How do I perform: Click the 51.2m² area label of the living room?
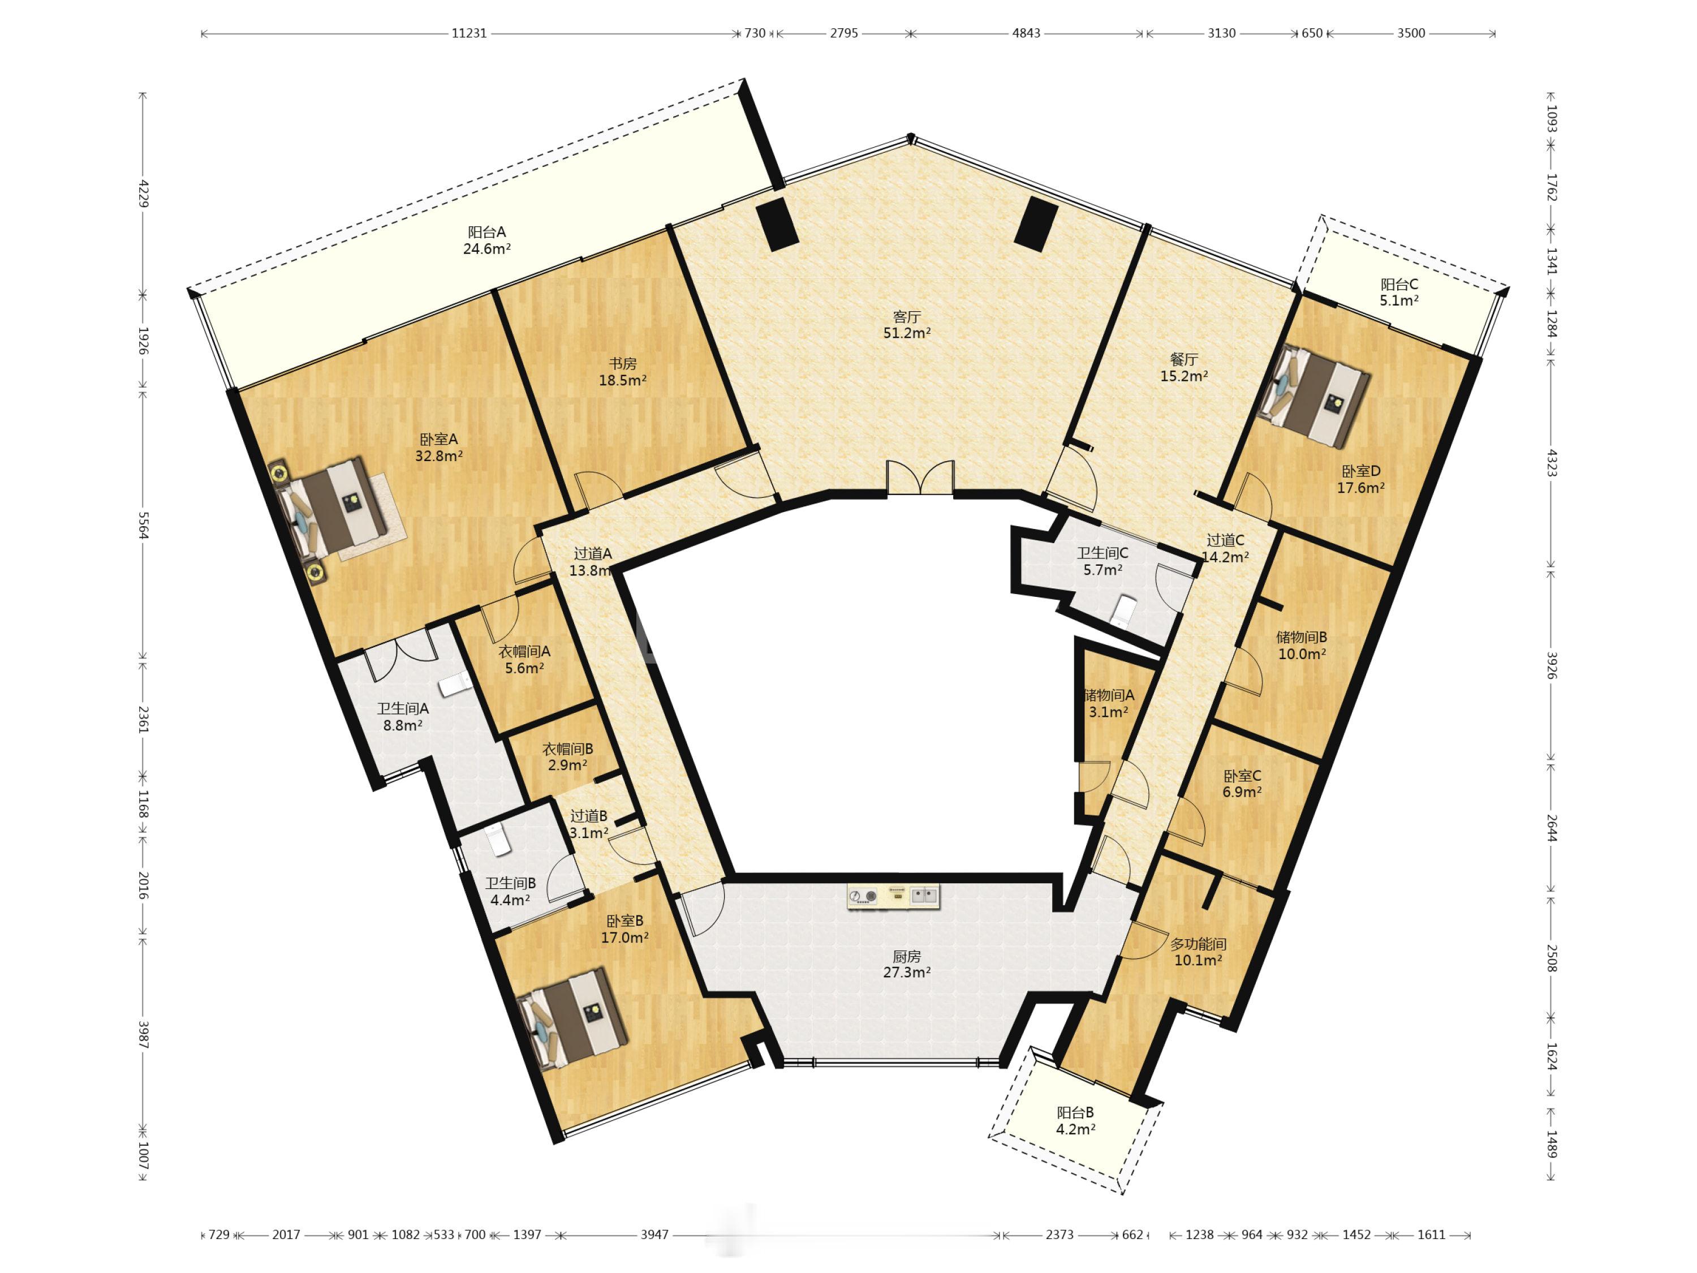point(907,333)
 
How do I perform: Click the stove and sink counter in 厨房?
point(894,896)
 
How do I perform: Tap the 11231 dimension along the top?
point(469,33)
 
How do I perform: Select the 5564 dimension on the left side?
point(143,526)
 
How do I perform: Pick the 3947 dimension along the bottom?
point(654,1235)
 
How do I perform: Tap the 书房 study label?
point(622,364)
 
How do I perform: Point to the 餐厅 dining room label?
point(1184,359)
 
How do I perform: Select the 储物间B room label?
point(1302,637)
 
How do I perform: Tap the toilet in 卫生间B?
point(499,840)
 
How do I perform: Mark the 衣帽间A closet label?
point(525,651)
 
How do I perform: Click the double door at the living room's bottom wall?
point(920,478)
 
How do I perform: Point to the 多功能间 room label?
point(1198,944)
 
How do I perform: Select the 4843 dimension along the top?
point(1026,33)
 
